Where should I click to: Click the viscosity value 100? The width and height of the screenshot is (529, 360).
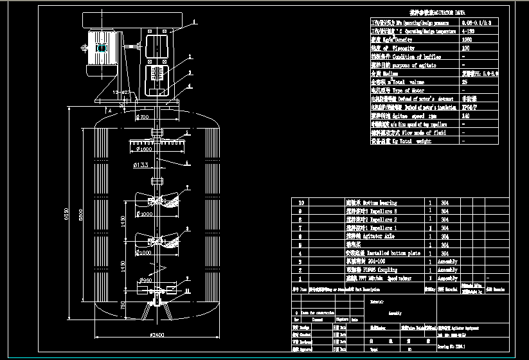pos(466,48)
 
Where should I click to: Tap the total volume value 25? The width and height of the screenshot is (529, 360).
pos(465,82)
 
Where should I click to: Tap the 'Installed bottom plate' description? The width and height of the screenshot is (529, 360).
pos(383,253)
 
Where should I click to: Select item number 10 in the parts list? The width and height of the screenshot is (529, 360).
pos(298,203)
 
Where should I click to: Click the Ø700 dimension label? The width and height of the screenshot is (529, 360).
pos(142,118)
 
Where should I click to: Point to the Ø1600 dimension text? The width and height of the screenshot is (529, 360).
pos(144,149)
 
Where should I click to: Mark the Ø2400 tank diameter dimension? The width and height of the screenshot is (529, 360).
pos(157,334)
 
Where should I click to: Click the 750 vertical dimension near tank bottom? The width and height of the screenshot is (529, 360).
pos(123,308)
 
